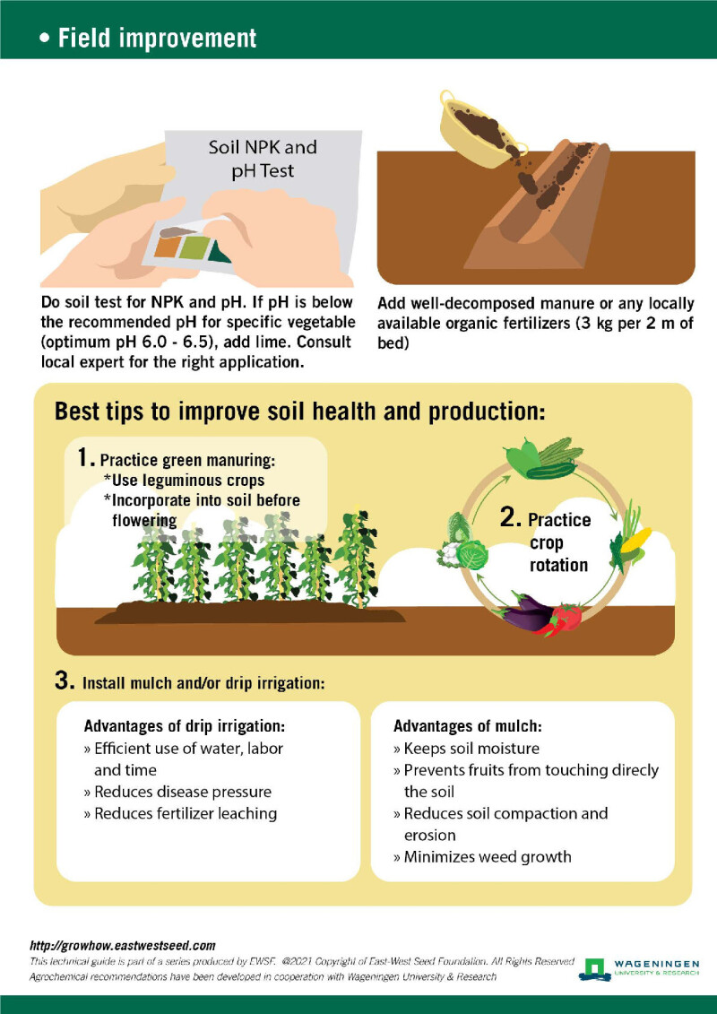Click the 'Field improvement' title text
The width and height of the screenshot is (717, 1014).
pos(157,39)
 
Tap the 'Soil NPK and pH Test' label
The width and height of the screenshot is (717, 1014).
pos(262,159)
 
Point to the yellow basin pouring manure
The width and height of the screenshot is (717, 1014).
pos(479,129)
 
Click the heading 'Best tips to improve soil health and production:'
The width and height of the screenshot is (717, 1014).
pos(300,412)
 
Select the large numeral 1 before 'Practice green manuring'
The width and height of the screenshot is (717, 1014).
pos(85,458)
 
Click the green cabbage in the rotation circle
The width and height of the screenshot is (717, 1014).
pos(471,553)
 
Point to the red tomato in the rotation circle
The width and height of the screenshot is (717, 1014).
pos(567,617)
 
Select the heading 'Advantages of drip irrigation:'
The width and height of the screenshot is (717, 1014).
pos(185,725)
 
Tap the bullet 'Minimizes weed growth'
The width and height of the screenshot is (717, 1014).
pos(482,857)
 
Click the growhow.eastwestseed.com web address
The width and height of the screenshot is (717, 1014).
pos(123,946)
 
